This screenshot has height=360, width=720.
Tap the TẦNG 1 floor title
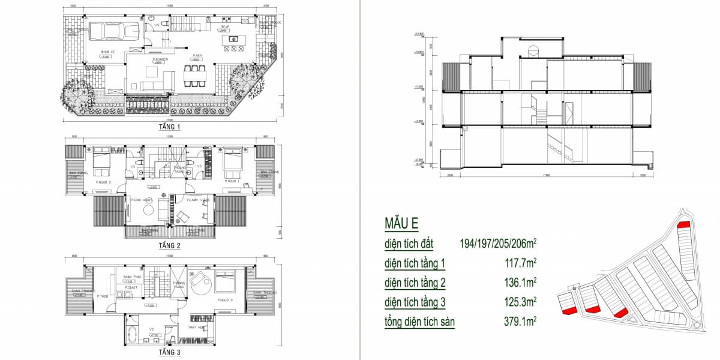pos(170,127)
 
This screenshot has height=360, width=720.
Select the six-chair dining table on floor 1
pos(194,77)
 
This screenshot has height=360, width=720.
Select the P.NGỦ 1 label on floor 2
pos(233,181)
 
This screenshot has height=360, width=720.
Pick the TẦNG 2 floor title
pos(170,245)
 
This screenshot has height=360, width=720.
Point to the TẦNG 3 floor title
pos(170,353)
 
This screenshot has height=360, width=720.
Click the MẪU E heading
pos(401,224)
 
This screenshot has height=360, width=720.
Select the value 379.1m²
pos(520,322)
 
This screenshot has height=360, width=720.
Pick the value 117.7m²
pos(520,263)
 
